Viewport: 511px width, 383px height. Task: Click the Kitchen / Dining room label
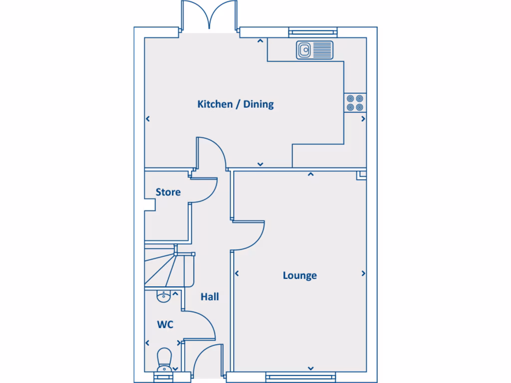click(x=236, y=104)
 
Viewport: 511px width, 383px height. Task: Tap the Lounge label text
click(x=299, y=275)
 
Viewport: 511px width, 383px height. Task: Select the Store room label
click(x=168, y=192)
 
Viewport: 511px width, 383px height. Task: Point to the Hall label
click(x=210, y=297)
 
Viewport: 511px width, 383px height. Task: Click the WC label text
click(x=165, y=325)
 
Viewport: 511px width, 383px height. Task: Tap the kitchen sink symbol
click(x=314, y=50)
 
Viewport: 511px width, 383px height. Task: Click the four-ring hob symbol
click(x=355, y=103)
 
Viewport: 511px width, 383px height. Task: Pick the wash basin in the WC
click(x=164, y=296)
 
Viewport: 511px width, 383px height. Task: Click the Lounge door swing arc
click(x=252, y=234)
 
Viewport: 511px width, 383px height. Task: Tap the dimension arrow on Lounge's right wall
click(x=363, y=273)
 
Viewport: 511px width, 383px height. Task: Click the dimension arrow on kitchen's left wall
click(x=148, y=119)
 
